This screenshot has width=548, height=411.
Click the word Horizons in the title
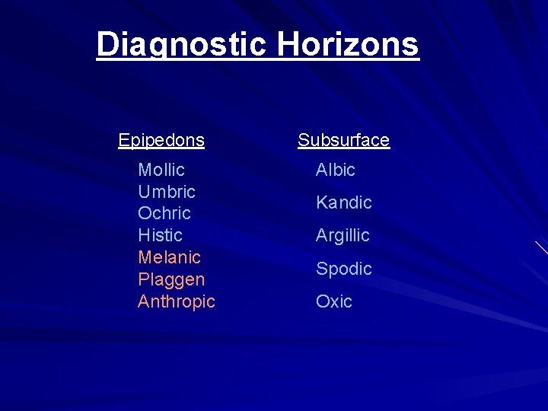point(348,44)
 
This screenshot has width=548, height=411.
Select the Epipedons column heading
point(161,140)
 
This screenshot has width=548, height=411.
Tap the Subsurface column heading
point(343,140)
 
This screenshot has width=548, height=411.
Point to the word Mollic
point(161,170)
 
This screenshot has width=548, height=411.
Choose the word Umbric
point(167,192)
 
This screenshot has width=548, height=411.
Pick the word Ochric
point(164,213)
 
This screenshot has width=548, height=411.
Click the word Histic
point(160,235)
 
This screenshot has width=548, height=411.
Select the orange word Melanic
point(169,257)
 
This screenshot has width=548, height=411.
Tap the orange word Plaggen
point(171,279)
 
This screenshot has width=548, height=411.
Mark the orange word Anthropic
point(177,301)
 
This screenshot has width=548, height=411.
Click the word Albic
point(336,170)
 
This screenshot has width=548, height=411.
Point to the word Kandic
point(344,202)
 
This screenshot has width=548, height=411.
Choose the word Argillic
point(342,236)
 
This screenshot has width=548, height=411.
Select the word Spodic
point(344,269)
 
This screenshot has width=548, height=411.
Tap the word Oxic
point(334,301)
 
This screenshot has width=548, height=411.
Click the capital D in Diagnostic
point(107,44)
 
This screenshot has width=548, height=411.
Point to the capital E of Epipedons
point(123,140)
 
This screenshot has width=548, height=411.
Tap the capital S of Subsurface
point(303,140)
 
